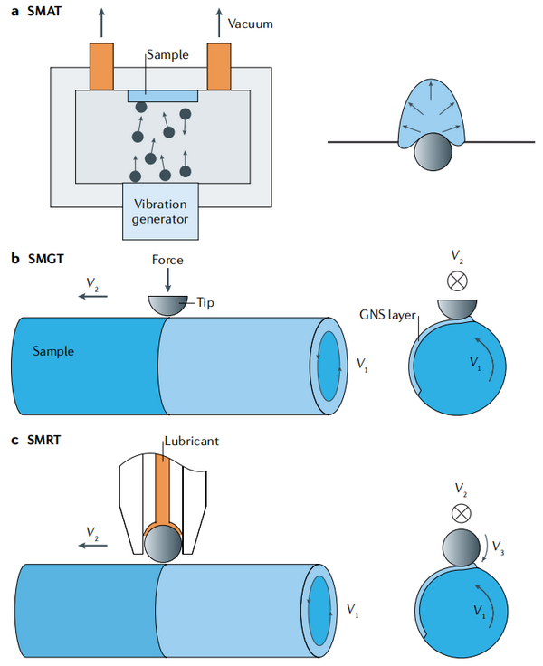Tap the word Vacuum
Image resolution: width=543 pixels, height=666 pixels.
pos(249,24)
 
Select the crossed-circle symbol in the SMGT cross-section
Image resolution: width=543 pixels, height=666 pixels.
pos(457,281)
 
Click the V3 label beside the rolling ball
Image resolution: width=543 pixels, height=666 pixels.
pos(500,548)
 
